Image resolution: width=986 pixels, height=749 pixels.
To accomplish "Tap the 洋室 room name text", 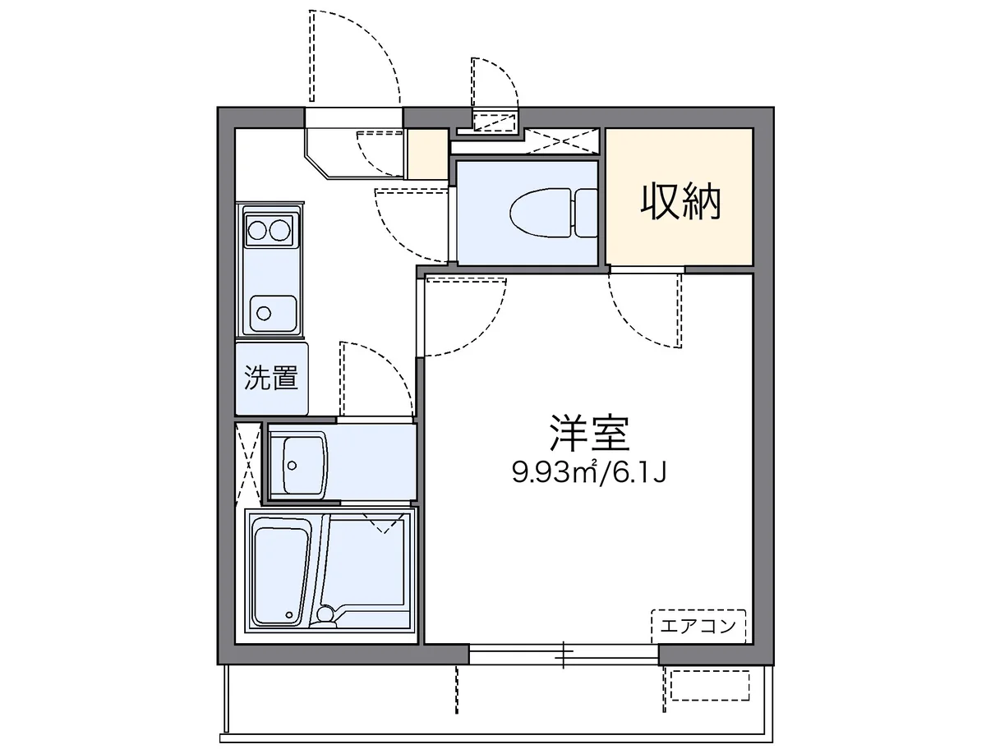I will pos(590,434).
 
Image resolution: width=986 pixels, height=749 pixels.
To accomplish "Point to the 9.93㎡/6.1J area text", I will pos(588,472).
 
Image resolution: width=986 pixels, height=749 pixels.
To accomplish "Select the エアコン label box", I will pos(698,627).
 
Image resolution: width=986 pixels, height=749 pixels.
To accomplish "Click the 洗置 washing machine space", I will pos(271,379).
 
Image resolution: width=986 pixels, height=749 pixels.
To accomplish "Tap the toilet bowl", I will pos(539,212).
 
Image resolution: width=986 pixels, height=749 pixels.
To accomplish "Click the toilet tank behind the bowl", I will pos(586,212).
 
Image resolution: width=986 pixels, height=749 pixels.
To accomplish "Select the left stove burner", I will pos(258,229).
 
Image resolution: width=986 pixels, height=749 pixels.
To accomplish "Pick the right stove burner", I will pos(280,229).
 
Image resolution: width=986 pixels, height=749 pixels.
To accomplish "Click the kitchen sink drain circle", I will pos(264,312).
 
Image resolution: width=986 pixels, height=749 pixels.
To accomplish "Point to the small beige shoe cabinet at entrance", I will pos(427,154).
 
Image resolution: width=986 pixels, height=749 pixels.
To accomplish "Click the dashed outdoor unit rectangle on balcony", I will pos(710,685).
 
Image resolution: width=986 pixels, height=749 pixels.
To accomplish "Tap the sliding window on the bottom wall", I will pos(564,654).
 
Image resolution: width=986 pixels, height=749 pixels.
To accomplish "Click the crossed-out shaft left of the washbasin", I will pos(247,462).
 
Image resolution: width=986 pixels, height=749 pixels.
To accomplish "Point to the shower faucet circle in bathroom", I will pos(326,613).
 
